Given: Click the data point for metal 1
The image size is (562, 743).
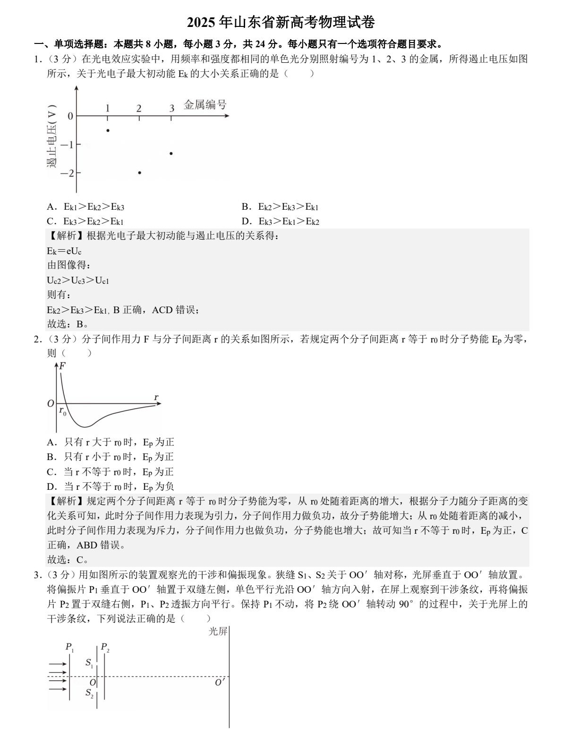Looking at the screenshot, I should click(108, 130).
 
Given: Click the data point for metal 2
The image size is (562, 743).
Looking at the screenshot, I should click(139, 172).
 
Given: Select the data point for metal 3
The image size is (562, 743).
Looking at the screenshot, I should click(171, 153).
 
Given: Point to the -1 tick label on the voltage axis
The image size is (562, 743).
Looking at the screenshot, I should click(67, 145).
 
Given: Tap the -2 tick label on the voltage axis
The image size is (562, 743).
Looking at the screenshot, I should click(67, 173).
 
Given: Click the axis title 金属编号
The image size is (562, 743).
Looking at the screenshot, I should click(205, 104).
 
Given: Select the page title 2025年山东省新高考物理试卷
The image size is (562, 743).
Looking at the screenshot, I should click(281, 22).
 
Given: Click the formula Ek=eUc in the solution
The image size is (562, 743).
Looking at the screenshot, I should click(64, 250).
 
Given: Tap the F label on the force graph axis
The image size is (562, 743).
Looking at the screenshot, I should click(62, 366).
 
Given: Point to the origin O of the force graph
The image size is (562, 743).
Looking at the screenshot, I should click(51, 403).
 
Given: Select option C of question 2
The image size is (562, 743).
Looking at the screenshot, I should click(111, 471).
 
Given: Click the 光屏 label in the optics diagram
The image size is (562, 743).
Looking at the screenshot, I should click(218, 631).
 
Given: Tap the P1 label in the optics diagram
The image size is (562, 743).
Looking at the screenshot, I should click(69, 647).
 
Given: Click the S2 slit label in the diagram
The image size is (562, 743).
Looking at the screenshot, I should click(89, 693).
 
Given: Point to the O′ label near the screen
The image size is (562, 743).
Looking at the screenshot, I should click(220, 683).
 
